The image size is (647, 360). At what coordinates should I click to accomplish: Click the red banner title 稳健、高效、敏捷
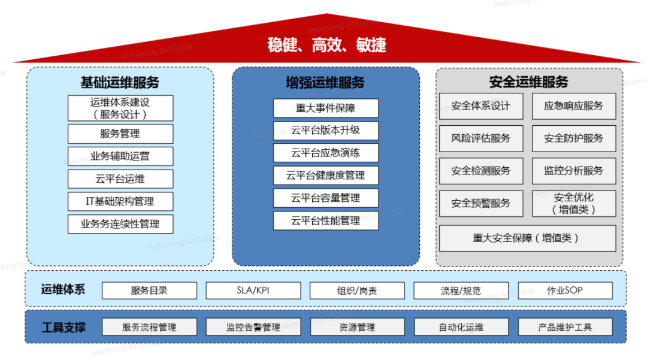pos(326,45)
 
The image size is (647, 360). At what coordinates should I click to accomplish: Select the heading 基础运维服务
pos(120,82)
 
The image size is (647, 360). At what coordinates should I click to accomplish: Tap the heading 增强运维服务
pos(325,82)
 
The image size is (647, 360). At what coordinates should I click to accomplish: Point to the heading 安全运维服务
pos(528,82)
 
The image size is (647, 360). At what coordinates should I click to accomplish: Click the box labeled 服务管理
pos(120,134)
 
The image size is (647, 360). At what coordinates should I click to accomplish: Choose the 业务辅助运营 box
pos(120,156)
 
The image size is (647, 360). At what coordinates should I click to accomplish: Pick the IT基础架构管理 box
pos(120,201)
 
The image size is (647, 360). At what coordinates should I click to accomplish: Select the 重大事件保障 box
pos(326,108)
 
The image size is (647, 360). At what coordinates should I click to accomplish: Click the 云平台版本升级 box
pos(326,131)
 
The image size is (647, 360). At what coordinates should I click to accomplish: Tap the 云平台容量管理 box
pos(326,198)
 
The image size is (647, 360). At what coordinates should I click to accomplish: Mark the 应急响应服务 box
pos(573,106)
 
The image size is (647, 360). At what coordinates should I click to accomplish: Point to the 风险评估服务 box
pos(481,138)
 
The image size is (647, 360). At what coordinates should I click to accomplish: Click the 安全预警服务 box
pos(481,203)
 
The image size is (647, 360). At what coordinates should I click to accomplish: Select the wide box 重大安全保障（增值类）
pos(527,238)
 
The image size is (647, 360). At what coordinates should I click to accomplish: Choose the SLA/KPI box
pos(253,291)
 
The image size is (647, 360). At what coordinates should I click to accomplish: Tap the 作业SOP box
pos(565,291)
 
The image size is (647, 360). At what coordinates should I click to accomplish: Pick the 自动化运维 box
pos(461,327)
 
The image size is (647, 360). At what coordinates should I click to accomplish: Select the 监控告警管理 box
pos(253,327)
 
